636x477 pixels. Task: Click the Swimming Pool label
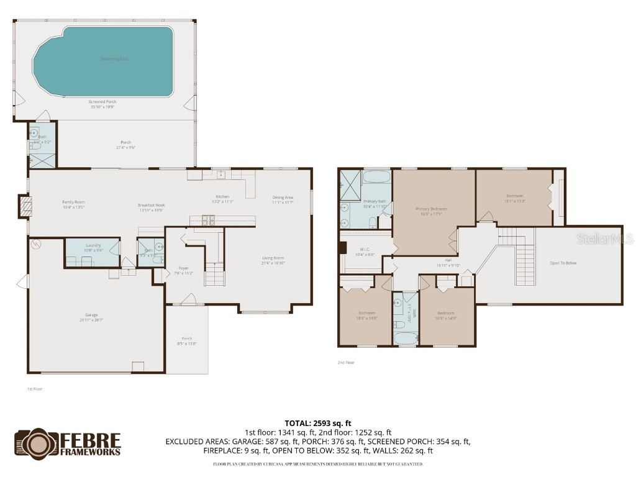[x=114, y=59]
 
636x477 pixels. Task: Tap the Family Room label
[x=73, y=202]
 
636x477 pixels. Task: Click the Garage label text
[x=91, y=315]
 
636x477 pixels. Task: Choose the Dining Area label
[x=283, y=198]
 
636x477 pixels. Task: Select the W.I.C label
[x=365, y=249]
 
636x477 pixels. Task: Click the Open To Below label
[x=563, y=263]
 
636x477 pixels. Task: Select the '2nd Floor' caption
[x=345, y=363]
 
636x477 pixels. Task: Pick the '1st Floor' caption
[x=34, y=389]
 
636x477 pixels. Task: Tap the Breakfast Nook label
[x=151, y=206]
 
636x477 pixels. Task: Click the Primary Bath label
[x=375, y=201]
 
